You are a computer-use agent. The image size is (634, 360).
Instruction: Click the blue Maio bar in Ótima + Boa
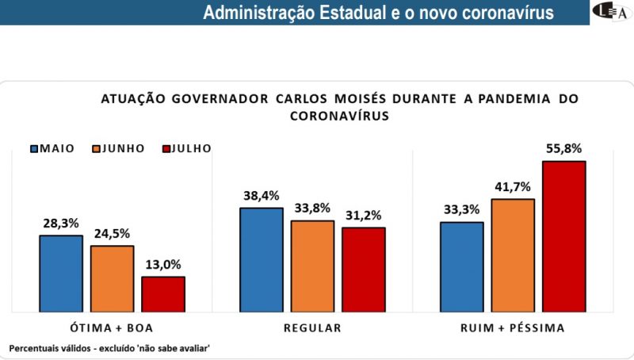pos(61,273)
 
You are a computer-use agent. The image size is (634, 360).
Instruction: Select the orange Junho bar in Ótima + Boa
pos(112,278)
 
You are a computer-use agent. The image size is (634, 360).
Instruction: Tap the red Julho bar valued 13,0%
pos(163,293)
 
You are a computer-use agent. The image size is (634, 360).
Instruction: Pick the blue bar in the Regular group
pos(261,259)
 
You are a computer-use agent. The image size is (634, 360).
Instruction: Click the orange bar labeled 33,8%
pos(312,266)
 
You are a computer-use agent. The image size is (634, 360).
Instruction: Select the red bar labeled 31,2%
pos(364,269)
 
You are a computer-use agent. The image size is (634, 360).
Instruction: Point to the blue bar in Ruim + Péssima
pos(461,266)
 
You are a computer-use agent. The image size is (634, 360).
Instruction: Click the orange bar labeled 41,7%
pos(513,255)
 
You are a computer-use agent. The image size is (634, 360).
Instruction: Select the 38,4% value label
pos(261,195)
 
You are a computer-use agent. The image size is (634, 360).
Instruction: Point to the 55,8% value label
pos(563,147)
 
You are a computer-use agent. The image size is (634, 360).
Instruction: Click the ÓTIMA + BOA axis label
pos(112,327)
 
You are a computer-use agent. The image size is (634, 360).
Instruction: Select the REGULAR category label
pos(312,327)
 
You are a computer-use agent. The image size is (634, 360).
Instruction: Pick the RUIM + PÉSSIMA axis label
pos(513,327)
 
